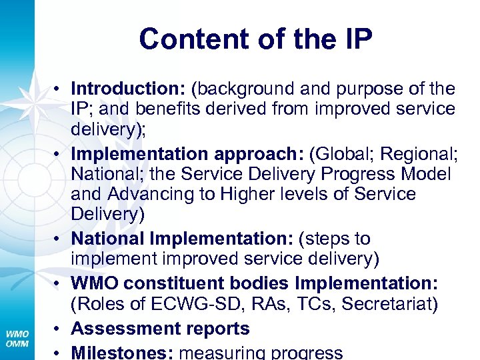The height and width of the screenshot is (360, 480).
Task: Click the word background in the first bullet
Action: [250, 89]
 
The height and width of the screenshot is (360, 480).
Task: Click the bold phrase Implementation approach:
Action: [187, 154]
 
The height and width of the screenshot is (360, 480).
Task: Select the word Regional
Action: [418, 154]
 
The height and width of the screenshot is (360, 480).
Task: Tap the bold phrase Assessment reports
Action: [160, 329]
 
